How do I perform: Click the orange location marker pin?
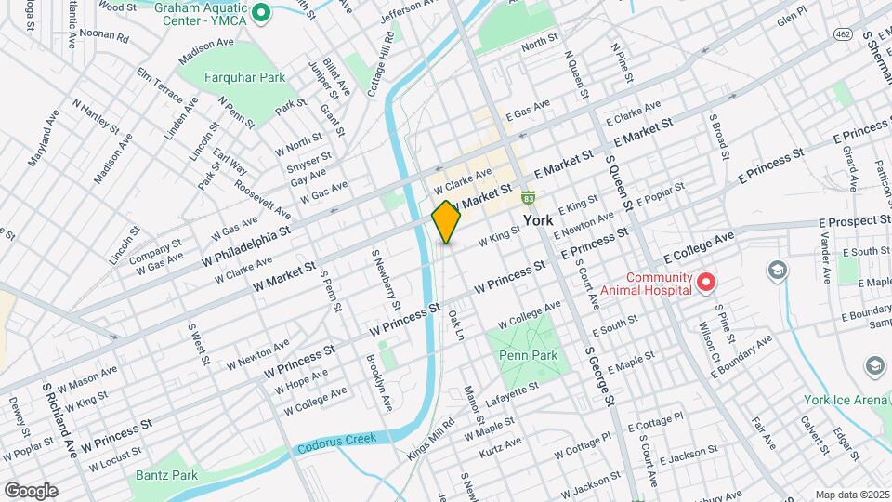(x=446, y=222)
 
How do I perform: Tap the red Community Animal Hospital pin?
(x=705, y=281)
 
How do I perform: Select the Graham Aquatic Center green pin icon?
(x=262, y=12)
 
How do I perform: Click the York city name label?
(x=538, y=220)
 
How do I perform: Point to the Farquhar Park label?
(x=246, y=78)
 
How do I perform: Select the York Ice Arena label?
(x=847, y=400)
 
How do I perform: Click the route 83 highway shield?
(x=529, y=197)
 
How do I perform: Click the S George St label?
(x=598, y=377)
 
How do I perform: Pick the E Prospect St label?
(x=855, y=221)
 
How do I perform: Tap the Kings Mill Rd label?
(x=430, y=440)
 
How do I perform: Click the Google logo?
(x=31, y=490)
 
